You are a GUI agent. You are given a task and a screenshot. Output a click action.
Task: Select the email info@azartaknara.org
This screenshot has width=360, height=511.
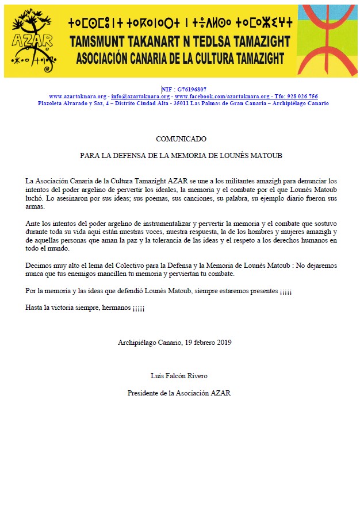(140, 97)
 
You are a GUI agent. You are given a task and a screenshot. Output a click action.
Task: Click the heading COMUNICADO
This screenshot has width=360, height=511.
(181, 139)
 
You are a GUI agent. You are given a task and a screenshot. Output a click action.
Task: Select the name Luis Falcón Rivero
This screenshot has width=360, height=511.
(179, 376)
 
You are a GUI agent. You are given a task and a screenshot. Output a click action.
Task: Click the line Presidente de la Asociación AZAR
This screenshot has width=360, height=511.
(179, 393)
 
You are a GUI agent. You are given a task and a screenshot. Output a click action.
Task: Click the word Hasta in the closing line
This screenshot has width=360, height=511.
(35, 308)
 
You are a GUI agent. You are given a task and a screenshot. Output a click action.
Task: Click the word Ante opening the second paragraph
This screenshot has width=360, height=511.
(33, 222)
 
